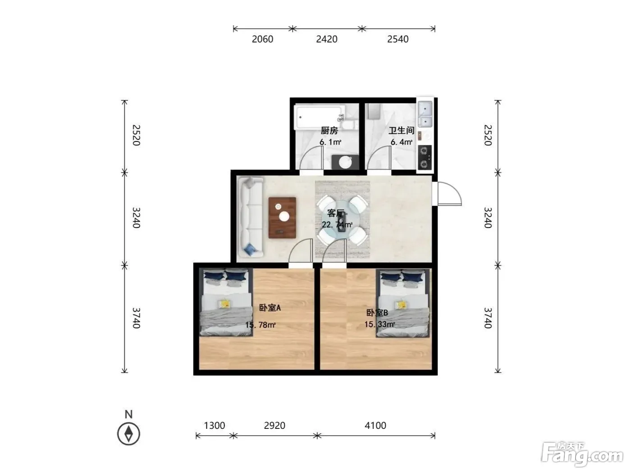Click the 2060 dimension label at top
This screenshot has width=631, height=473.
coord(262,39)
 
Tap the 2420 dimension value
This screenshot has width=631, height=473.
coord(327,39)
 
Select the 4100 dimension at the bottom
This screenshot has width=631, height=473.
coord(375,425)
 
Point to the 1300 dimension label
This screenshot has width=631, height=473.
coord(214,425)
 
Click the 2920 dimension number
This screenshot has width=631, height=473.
coord(274,425)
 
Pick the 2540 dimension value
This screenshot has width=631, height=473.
coord(398,39)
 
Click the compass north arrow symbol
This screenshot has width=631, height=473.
coord(128,434)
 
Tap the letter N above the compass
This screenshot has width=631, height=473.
coord(128,414)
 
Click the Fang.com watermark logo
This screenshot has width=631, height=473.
coord(582,455)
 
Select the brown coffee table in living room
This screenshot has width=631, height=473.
coord(282,218)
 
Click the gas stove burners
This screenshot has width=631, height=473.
coord(425,157)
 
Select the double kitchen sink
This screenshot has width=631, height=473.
coord(425,114)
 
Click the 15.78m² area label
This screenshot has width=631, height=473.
coord(260,325)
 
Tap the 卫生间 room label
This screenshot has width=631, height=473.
coord(401,131)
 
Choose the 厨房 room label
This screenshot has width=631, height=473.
coord(329,131)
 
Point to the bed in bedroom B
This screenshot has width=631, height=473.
coord(403,303)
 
